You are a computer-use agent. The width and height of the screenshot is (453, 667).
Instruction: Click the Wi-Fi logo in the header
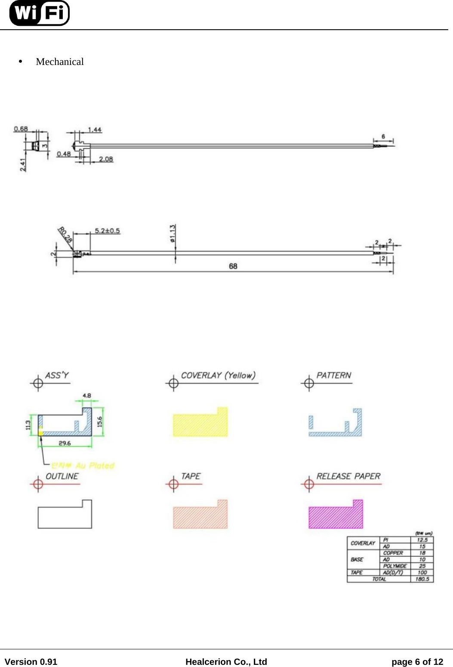[39, 13]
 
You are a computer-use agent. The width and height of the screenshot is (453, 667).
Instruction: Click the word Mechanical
[60, 62]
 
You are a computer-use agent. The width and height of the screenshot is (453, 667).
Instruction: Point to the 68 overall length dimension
[233, 266]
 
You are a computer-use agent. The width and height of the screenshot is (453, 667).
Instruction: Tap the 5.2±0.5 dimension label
[107, 231]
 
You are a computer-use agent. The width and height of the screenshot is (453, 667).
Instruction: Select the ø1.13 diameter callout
[173, 234]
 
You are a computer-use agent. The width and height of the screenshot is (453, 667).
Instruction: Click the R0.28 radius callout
[65, 235]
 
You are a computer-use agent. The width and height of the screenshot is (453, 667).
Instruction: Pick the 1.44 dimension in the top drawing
[95, 130]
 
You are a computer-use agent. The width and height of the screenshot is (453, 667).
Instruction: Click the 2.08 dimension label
[106, 159]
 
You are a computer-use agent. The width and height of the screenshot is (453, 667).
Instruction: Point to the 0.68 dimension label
[21, 129]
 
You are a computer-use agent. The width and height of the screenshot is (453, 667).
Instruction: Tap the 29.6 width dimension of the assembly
[65, 443]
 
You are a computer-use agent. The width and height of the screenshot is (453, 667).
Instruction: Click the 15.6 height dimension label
[100, 422]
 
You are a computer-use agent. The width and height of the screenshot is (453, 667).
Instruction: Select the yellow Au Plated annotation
[83, 466]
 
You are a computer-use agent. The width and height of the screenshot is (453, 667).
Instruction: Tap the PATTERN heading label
[334, 375]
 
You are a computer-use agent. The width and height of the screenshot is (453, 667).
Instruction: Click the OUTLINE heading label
[62, 476]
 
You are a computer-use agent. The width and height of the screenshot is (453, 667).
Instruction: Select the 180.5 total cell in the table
[422, 579]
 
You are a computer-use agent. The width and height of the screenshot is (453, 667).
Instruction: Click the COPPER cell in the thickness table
[393, 553]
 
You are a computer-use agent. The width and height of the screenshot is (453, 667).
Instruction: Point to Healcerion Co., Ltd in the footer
[226, 662]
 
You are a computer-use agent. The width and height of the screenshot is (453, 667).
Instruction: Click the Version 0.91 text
[31, 662]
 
